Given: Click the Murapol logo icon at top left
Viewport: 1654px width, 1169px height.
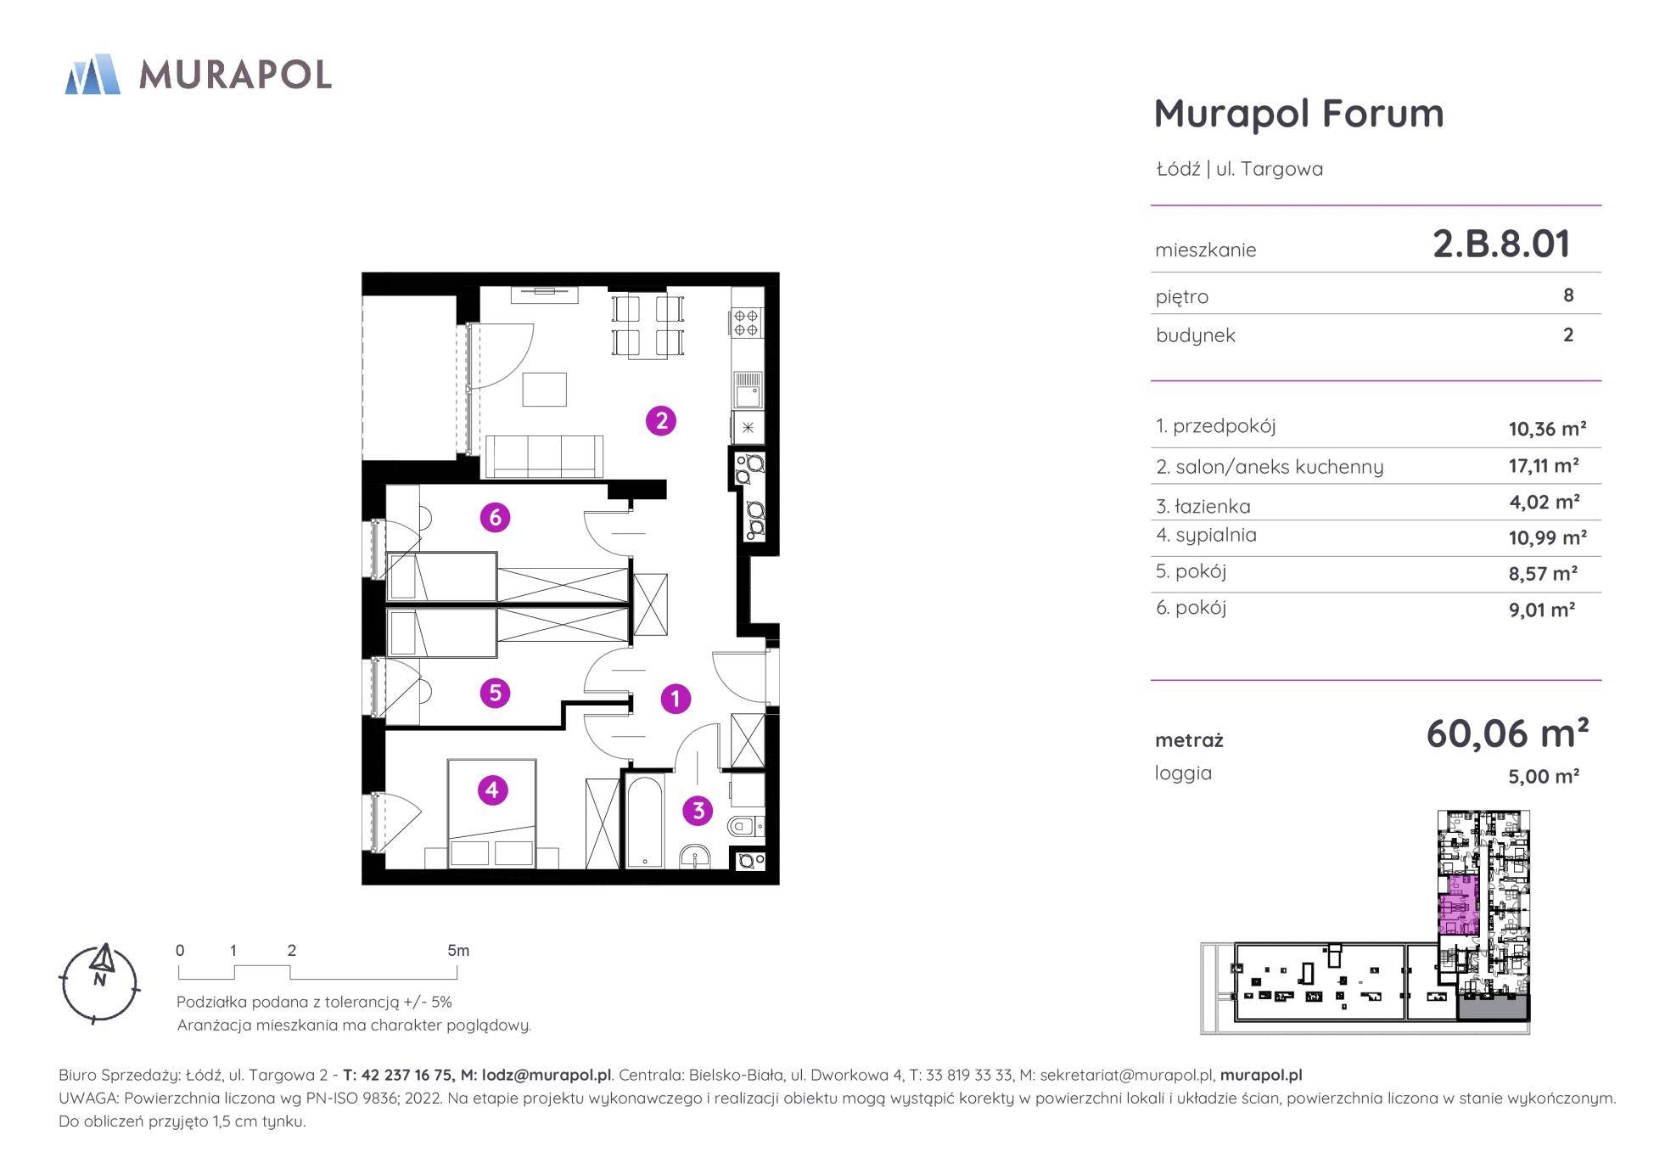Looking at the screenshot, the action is (92, 74).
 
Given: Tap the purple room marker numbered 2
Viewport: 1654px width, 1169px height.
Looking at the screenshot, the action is (661, 420).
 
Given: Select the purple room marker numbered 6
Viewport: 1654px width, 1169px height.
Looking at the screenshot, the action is (495, 517).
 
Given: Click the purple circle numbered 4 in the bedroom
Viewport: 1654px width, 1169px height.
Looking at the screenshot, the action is (492, 790).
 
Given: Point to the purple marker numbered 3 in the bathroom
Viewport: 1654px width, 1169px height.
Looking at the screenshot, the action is (698, 810).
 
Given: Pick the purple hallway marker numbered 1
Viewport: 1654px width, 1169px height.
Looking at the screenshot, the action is (676, 699).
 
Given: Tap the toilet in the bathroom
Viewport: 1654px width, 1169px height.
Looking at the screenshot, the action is (746, 825).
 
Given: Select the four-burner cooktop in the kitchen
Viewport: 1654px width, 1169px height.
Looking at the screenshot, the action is (746, 323).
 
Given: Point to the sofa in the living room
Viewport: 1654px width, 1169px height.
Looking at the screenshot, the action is (543, 457).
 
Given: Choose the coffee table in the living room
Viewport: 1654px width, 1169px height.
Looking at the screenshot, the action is (545, 390).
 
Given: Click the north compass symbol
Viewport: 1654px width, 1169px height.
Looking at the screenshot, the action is (100, 981).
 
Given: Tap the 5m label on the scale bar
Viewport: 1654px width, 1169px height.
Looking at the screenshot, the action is (458, 950).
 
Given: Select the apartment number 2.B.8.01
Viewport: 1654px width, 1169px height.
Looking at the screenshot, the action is (1501, 244).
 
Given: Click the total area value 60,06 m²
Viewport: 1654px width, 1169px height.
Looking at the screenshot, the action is (1507, 733).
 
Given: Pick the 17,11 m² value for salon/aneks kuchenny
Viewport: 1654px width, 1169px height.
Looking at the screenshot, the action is (1544, 465).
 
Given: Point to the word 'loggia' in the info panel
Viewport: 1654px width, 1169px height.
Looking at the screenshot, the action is (1183, 773).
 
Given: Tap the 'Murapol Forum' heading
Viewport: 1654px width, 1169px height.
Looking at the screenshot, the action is (1298, 113).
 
